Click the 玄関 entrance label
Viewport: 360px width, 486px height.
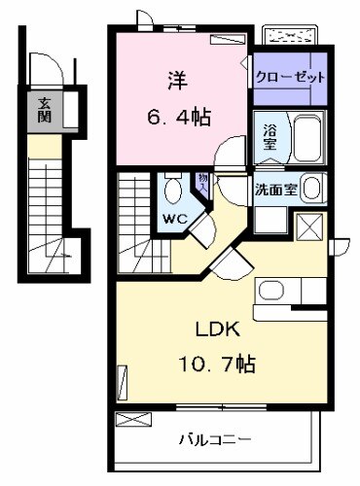click(x=45, y=109)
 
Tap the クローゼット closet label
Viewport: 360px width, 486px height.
click(x=289, y=78)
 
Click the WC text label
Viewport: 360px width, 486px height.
click(x=175, y=219)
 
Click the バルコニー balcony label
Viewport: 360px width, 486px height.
click(x=216, y=439)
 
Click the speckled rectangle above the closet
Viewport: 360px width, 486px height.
click(x=293, y=36)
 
